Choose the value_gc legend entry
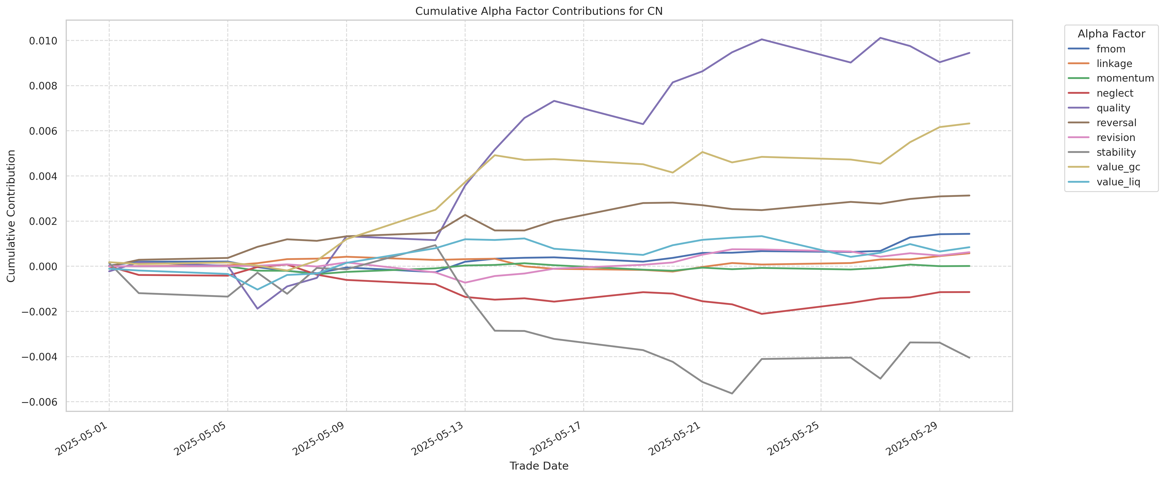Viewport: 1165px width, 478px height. tap(1118, 167)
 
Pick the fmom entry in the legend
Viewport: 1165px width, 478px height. tap(1110, 49)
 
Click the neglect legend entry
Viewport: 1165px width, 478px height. tap(1114, 93)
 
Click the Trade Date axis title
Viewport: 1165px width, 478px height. tap(539, 466)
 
